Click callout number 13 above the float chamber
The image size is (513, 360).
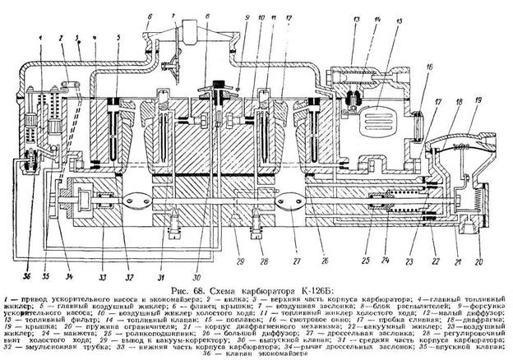coord(356,18)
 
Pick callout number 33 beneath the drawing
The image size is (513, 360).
coord(81,265)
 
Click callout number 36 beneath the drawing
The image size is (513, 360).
coord(26,265)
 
